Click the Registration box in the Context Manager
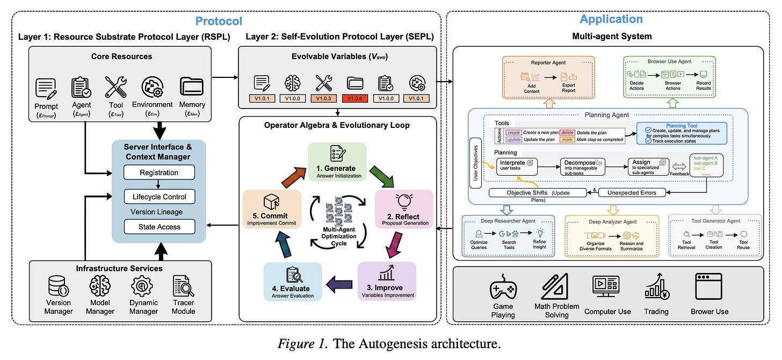(x=159, y=173)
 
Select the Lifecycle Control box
(x=159, y=197)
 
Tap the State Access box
(x=159, y=227)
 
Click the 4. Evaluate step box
(x=293, y=281)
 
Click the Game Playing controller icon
(x=503, y=289)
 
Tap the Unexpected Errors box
(x=632, y=192)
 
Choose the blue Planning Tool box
(x=681, y=132)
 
